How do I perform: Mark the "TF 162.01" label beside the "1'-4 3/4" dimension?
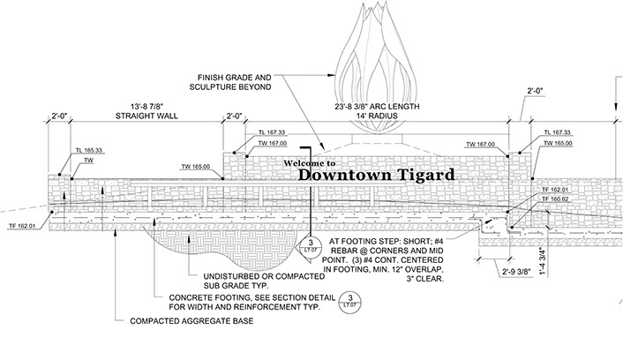point(556,190)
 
